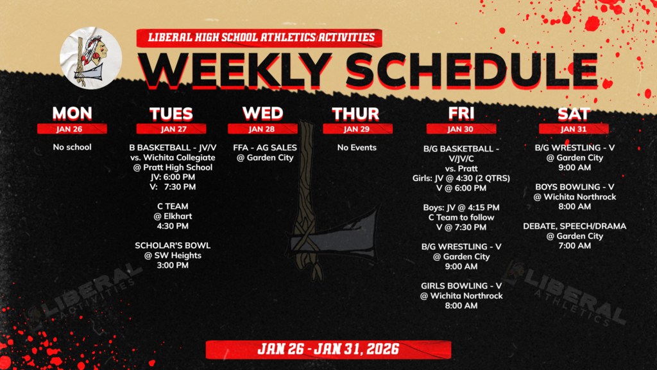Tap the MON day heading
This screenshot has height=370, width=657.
(x=72, y=113)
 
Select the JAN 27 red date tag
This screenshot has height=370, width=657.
(x=171, y=128)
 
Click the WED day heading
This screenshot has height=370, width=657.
(x=262, y=113)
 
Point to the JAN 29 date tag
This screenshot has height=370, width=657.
(x=355, y=128)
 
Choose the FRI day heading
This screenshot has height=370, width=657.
(x=461, y=113)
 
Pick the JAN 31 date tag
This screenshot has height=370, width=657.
(x=574, y=128)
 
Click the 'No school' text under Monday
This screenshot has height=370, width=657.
(x=72, y=147)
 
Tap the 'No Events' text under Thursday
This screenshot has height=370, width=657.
(x=357, y=147)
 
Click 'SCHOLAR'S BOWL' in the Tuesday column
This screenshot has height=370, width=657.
(x=173, y=245)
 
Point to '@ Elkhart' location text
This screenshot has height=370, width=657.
(x=173, y=216)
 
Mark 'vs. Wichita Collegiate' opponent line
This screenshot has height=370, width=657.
(x=173, y=157)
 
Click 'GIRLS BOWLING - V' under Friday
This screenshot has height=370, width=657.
(x=461, y=285)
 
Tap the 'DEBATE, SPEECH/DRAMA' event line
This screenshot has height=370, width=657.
(x=575, y=226)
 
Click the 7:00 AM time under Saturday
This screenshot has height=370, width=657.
(x=575, y=246)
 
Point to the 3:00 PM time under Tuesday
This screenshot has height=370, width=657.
(x=173, y=265)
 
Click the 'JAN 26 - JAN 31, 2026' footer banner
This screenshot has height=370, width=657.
(x=328, y=349)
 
